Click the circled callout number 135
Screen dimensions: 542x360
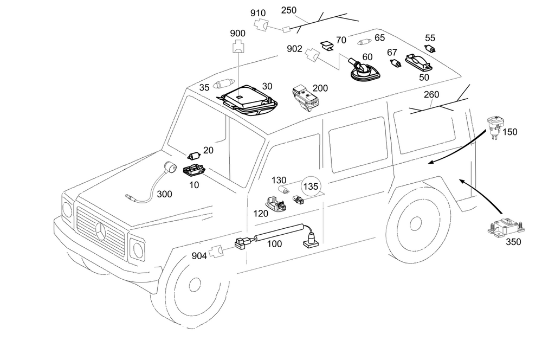pos(311,187)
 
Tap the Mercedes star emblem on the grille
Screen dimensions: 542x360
pos(102,232)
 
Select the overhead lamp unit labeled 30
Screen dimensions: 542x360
pos(248,100)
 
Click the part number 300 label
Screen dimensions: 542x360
pos(164,194)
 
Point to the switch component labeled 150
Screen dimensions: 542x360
pos(496,127)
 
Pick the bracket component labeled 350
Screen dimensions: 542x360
pos(506,227)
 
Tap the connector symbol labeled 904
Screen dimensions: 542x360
pos(217,252)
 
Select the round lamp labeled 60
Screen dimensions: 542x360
pos(365,70)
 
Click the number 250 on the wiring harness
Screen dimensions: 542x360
pos(289,10)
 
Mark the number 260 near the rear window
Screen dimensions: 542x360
pos(431,94)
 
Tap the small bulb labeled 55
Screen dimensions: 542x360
pos(430,49)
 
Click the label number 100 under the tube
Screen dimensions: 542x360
pos(274,244)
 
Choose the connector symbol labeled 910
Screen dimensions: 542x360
pos(261,25)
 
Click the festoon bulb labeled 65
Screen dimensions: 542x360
pos(365,42)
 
